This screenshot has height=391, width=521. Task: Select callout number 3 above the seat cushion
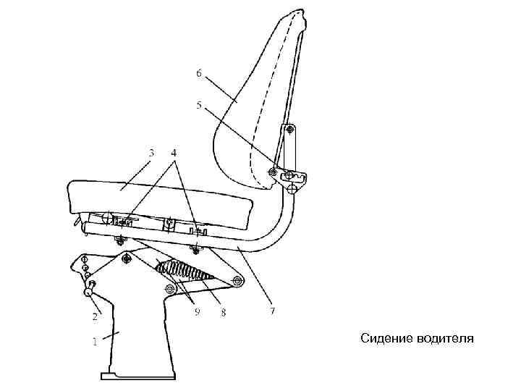coord(151,153)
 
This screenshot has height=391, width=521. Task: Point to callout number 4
coord(174,153)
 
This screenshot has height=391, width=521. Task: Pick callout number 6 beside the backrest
coord(198,73)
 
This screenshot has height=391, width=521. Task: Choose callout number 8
coord(224,312)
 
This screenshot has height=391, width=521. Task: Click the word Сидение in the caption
coord(386,338)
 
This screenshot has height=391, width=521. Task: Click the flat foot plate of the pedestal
coord(137,375)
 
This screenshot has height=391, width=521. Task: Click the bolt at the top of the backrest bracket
coord(290,130)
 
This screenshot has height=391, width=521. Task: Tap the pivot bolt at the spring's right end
coord(236,280)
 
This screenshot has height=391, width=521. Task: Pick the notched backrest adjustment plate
coord(295,177)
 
